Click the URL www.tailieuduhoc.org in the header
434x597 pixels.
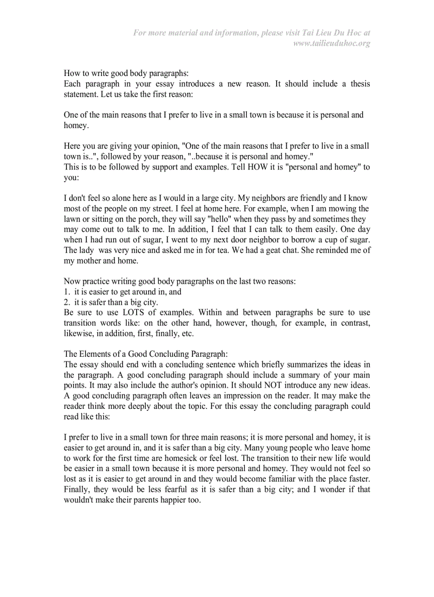tap(332, 43)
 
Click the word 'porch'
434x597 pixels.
tap(137, 219)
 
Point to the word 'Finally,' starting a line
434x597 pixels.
tap(77, 489)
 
